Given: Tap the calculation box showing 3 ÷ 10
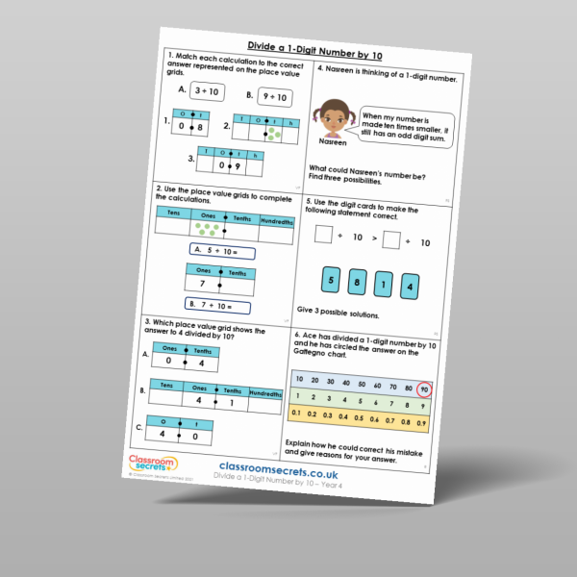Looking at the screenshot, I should pos(204,91).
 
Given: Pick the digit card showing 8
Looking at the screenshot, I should pos(359,283).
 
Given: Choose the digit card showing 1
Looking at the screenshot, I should pos(385,285).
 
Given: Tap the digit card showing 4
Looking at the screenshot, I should pos(410,287).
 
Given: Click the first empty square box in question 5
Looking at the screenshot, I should pos(324,236).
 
